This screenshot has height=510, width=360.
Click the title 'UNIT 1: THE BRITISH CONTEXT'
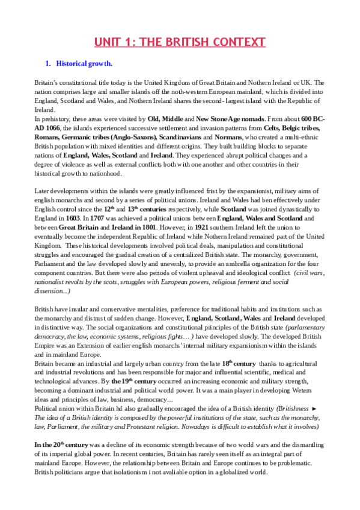pyautogui.click(x=180, y=42)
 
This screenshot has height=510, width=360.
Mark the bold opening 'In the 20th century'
pyautogui.click(x=63, y=444)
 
